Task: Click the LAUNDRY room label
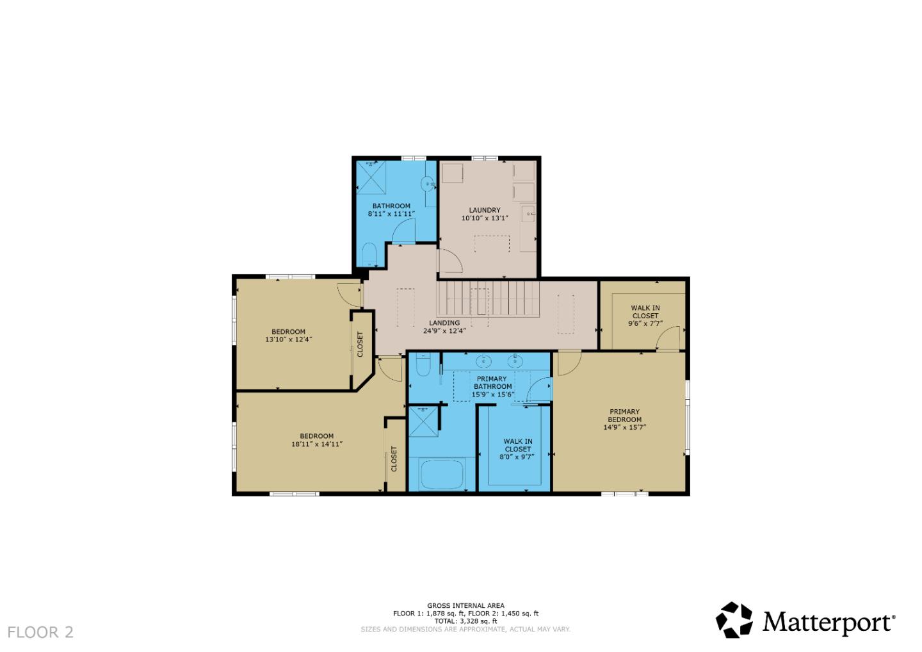pos(484,210)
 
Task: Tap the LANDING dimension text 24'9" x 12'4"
pos(444,331)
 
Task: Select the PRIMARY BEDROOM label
pos(624,416)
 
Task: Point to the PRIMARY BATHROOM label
pos(492,382)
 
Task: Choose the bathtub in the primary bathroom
pos(441,475)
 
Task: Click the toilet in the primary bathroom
pos(423,365)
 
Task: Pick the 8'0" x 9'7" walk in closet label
pos(517,445)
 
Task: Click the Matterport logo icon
pos(734,620)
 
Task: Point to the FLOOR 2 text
pos(40,632)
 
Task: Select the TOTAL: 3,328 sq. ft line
pos(465,621)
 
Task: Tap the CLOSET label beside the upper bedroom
pos(360,344)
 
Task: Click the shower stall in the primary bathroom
pos(423,421)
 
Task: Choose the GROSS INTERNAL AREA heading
pos(465,605)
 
